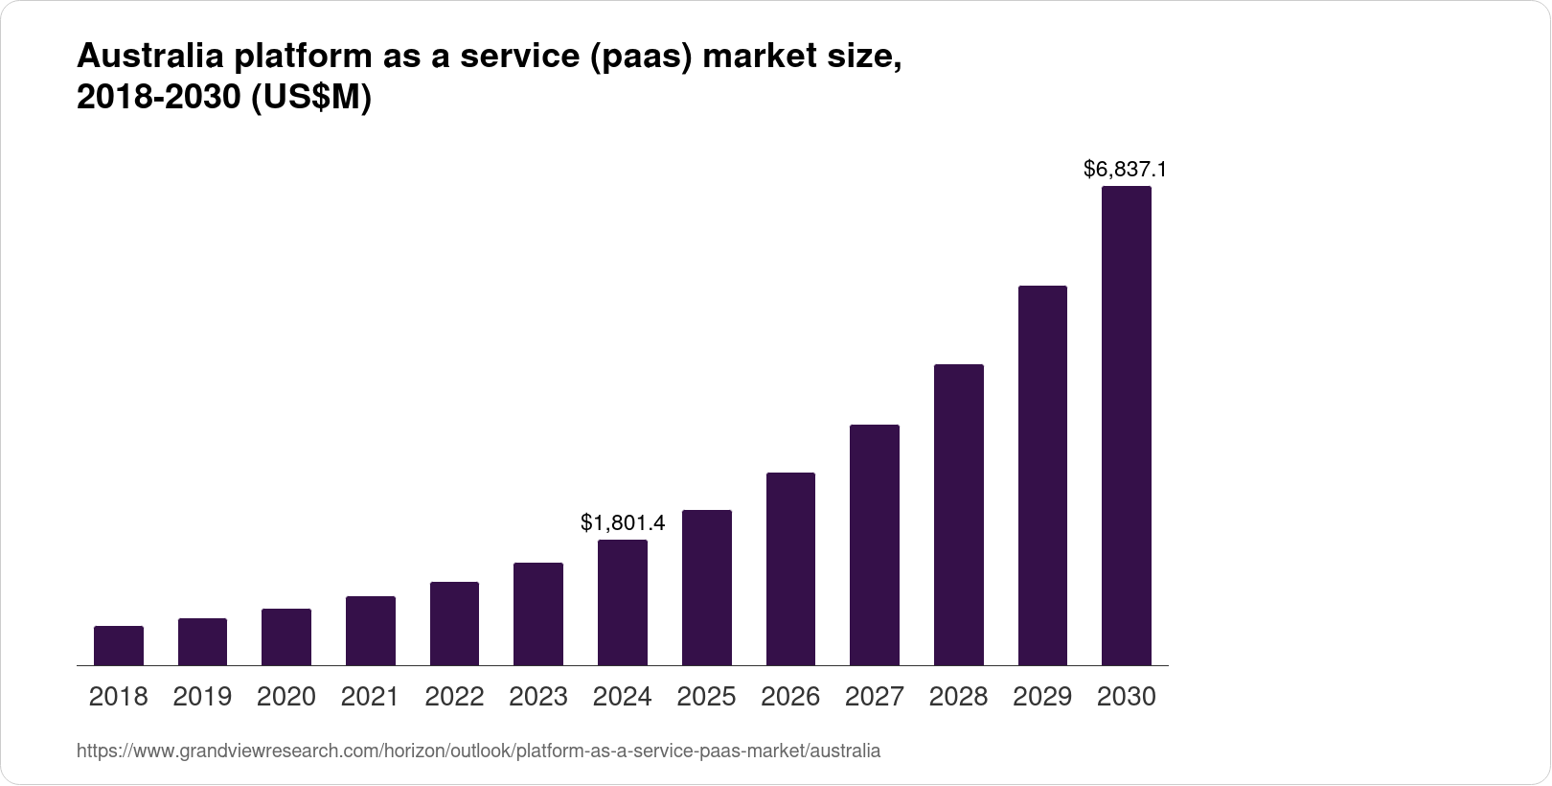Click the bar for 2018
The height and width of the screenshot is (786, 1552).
pyautogui.click(x=119, y=645)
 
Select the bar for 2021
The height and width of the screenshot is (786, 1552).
pyautogui.click(x=371, y=631)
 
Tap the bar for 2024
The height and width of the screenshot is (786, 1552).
pyautogui.click(x=623, y=602)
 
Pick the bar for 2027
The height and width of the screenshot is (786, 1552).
pyautogui.click(x=875, y=544)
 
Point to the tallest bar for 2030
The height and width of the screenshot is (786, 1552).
pyautogui.click(x=1127, y=426)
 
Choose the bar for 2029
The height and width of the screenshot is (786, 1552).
pyautogui.click(x=1042, y=475)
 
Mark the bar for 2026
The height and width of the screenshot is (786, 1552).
pyautogui.click(x=790, y=568)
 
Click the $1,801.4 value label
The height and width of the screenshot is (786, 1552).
pyautogui.click(x=623, y=522)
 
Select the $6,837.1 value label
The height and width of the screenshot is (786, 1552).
pyautogui.click(x=1125, y=170)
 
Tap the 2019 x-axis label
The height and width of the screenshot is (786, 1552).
pyautogui.click(x=202, y=697)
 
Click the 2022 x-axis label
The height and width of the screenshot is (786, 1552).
pyautogui.click(x=454, y=697)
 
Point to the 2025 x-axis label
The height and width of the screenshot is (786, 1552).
pyautogui.click(x=706, y=697)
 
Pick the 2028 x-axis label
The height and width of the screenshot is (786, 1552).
pyautogui.click(x=958, y=697)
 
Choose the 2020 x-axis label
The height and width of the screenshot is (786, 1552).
pyautogui.click(x=286, y=697)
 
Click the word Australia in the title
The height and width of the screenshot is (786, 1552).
pyautogui.click(x=149, y=58)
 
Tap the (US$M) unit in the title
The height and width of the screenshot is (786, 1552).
pyautogui.click(x=310, y=99)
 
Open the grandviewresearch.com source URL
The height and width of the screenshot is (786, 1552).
pyautogui.click(x=478, y=751)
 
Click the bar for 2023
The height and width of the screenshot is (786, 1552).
pyautogui.click(x=538, y=613)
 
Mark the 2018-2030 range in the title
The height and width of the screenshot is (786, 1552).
pyautogui.click(x=159, y=99)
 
